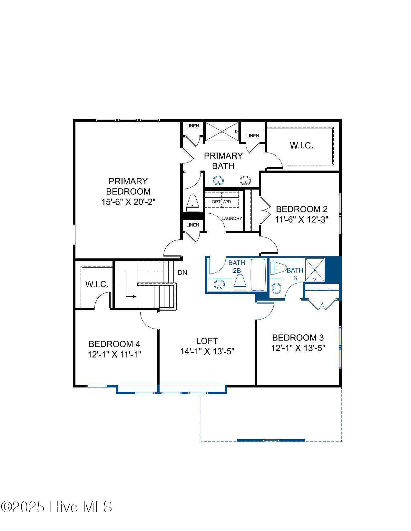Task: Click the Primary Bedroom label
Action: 128,186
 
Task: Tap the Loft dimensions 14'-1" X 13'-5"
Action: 207,351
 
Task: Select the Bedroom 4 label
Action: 114,344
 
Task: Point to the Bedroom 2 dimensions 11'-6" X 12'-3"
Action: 302,220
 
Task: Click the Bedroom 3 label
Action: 298,338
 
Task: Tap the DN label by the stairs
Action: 182,273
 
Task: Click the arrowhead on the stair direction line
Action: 134,297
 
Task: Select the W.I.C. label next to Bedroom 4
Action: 97,284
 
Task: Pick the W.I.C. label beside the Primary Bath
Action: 301,145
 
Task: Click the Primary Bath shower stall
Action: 222,132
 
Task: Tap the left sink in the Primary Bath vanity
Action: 218,181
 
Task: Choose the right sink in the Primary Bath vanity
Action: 245,181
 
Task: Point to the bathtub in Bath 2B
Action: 258,275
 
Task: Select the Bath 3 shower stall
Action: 315,270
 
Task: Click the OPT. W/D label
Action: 221,202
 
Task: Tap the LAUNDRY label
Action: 232,219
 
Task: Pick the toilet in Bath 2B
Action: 240,283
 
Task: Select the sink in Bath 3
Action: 277,288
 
